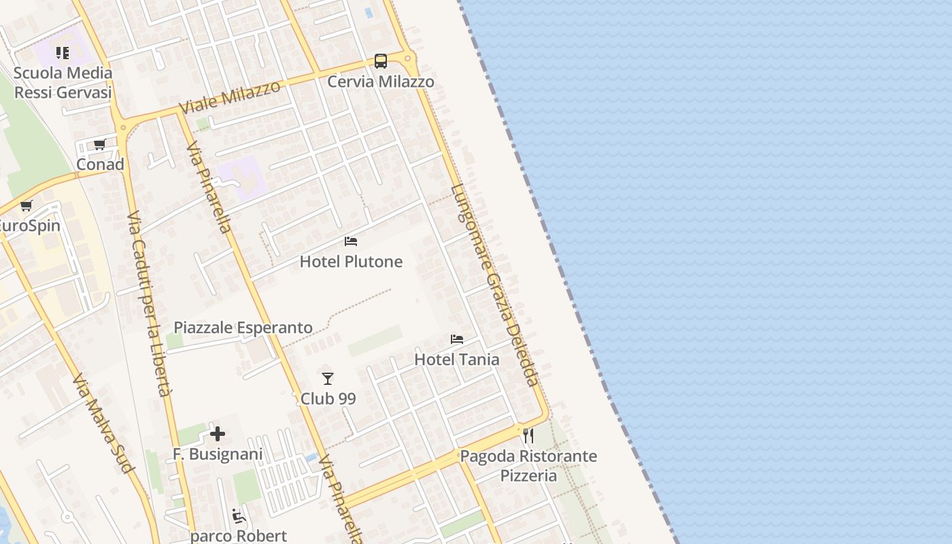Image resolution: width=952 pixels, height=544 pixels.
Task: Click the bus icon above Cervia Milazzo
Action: [381, 61]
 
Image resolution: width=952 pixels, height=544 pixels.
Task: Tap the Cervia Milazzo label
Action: [381, 82]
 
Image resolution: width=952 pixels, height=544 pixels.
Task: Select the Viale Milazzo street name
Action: [230, 98]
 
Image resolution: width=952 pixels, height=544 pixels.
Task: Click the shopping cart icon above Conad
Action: [100, 144]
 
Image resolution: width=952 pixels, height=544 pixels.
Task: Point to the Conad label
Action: [100, 164]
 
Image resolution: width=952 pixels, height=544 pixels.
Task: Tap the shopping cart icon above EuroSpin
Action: [27, 205]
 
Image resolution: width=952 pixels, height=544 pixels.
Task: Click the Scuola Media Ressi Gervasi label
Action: [63, 82]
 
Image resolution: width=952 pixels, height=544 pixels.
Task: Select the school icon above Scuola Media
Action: [63, 52]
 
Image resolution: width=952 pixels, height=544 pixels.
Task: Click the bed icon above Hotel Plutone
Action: [351, 241]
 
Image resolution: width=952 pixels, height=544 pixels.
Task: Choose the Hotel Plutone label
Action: [351, 262]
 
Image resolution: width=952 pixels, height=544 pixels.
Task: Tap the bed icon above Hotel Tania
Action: [457, 339]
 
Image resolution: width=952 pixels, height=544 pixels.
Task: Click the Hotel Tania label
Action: [457, 359]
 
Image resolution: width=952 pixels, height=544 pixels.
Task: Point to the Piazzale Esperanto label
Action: [243, 327]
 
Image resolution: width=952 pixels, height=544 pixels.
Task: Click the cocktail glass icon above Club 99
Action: [328, 379]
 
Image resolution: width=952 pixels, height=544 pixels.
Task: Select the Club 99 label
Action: [328, 398]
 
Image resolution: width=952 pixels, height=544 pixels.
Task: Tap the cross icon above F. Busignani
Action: [218, 434]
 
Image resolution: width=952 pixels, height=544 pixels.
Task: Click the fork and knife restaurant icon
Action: [528, 435]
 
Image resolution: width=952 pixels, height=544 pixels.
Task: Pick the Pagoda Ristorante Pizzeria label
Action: [528, 465]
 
